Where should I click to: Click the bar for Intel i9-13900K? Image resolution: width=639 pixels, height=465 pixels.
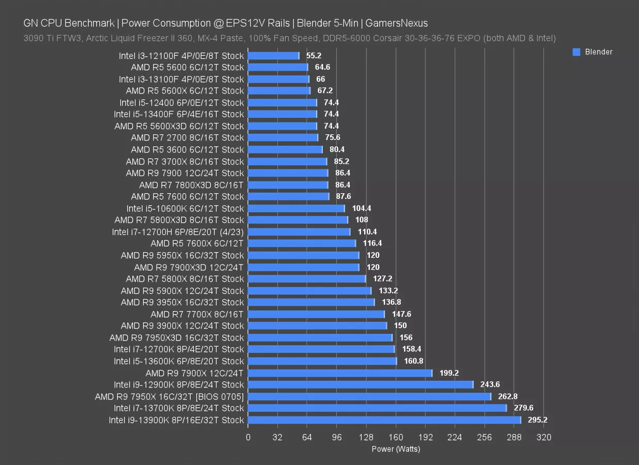[384, 420]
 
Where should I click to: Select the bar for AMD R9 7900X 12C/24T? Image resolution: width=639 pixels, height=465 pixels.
[340, 373]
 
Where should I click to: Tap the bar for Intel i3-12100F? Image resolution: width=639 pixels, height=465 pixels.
[273, 55]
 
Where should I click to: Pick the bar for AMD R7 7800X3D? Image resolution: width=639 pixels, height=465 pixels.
[288, 184]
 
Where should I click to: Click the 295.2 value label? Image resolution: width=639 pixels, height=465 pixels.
[537, 420]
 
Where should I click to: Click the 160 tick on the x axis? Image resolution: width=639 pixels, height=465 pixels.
[396, 437]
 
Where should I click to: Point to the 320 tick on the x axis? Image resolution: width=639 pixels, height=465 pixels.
[544, 437]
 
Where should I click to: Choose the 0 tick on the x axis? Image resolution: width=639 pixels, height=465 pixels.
[248, 437]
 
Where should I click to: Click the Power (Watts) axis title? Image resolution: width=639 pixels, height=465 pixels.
[396, 449]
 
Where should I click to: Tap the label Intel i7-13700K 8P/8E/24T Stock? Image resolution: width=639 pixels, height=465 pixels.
[179, 408]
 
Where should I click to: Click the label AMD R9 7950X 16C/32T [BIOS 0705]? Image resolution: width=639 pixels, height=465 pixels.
[169, 396]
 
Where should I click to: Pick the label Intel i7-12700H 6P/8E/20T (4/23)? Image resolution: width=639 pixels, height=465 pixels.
[178, 231]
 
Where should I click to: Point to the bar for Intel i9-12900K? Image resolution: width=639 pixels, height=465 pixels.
[361, 384]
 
